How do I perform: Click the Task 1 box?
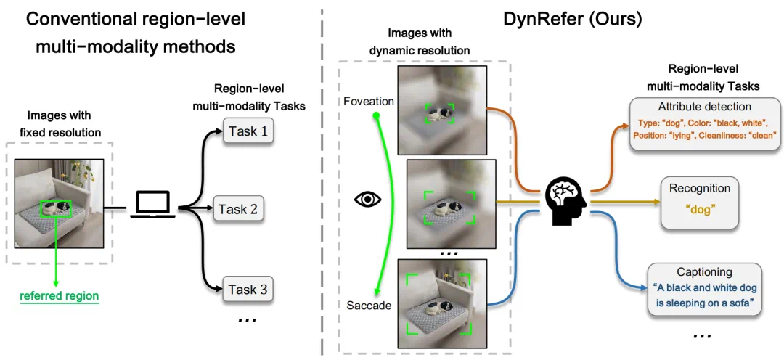click(x=248, y=131)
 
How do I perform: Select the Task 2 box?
click(x=242, y=209)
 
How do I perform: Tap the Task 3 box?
click(x=248, y=290)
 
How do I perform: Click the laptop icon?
click(x=152, y=205)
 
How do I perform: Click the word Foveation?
click(x=369, y=102)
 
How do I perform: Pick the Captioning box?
click(x=703, y=290)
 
